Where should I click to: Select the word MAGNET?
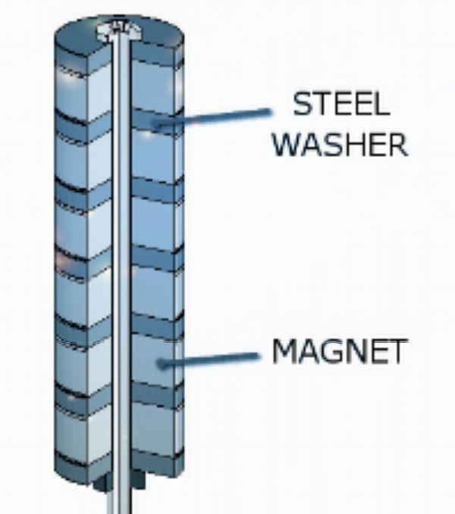(x=340, y=351)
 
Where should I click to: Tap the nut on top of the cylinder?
(x=117, y=30)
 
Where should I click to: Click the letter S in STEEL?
(x=303, y=105)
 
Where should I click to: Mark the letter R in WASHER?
(x=397, y=144)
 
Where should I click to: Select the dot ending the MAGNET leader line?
(x=161, y=362)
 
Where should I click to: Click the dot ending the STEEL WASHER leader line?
(x=157, y=122)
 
